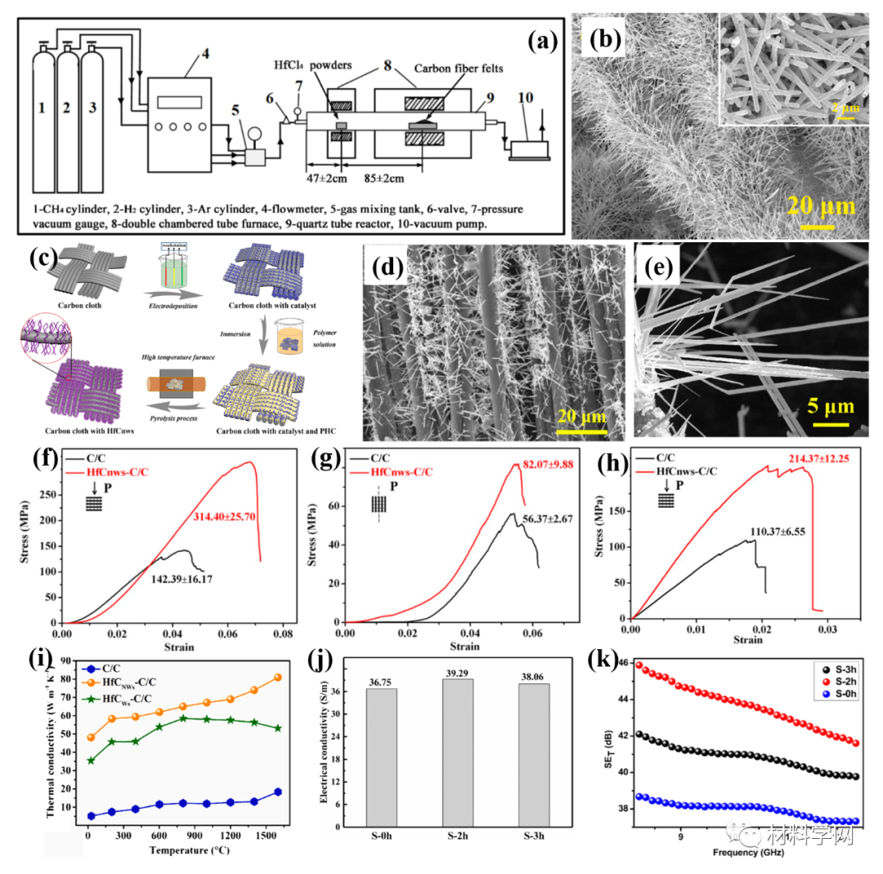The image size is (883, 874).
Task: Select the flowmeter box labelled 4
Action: point(184,114)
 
